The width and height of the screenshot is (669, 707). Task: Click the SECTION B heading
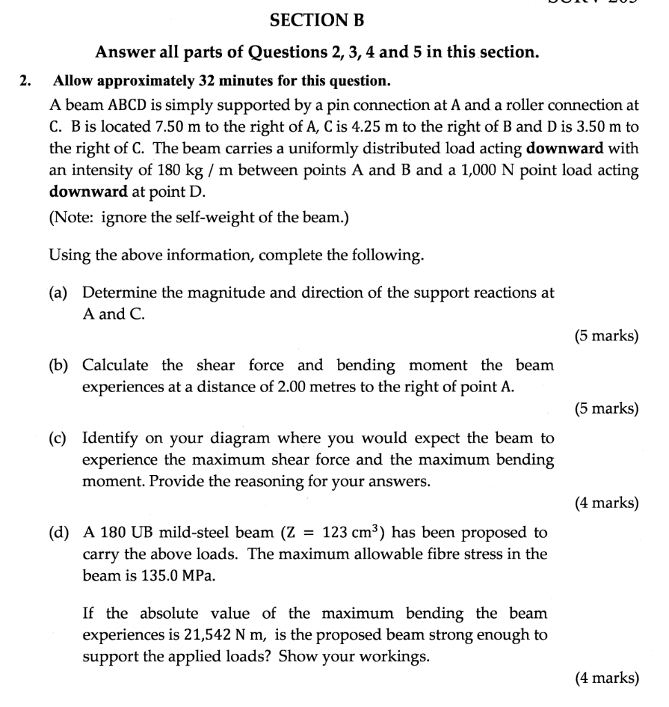[317, 21]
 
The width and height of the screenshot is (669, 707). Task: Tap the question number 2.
[25, 81]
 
